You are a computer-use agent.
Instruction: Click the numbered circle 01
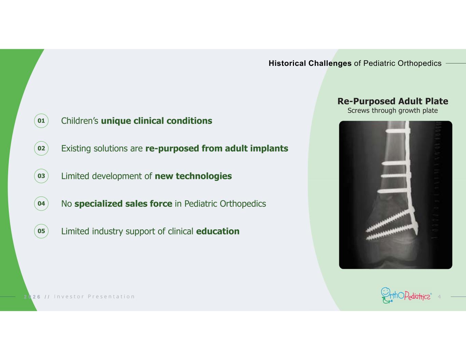(x=41, y=121)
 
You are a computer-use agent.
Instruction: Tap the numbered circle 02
(x=41, y=148)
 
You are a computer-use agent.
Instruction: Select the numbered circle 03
(x=41, y=176)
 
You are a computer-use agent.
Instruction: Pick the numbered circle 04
(x=41, y=204)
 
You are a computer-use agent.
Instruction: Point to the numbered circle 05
(x=41, y=231)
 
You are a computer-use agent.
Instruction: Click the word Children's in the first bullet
(x=80, y=121)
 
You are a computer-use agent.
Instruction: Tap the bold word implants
(x=269, y=148)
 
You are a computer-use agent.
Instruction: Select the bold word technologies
(x=204, y=176)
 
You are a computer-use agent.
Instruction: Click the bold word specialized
(x=98, y=204)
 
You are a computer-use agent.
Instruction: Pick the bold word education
(x=218, y=231)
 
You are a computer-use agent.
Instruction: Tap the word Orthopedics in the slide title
(x=420, y=63)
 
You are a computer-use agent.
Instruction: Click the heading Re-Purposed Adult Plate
(x=393, y=101)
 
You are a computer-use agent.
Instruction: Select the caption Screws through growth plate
(x=393, y=111)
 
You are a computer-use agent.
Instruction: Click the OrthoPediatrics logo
(x=406, y=296)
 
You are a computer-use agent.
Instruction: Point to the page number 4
(x=439, y=297)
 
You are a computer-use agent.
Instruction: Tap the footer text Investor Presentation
(x=94, y=297)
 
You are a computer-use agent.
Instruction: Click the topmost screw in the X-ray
(x=397, y=131)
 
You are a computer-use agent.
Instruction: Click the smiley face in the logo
(x=385, y=292)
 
